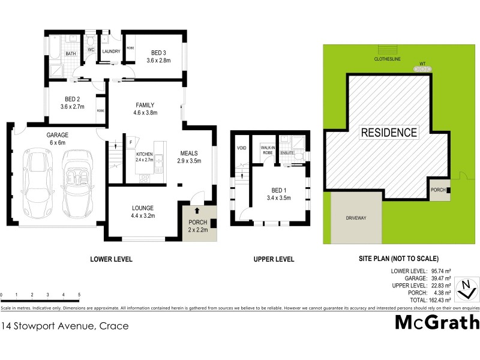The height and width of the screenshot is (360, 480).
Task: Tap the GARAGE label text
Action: click(58, 135)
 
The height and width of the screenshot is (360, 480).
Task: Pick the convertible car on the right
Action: click(77, 184)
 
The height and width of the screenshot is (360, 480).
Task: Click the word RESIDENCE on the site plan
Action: click(388, 133)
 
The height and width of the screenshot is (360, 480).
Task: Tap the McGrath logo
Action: click(437, 322)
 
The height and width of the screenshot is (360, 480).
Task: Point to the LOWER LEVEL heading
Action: click(111, 259)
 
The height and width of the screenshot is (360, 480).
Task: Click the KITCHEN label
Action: click(145, 155)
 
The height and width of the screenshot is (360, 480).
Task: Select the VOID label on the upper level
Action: click(241, 147)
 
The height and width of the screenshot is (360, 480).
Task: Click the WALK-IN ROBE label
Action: click(268, 149)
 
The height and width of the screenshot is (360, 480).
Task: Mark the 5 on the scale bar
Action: click(79, 295)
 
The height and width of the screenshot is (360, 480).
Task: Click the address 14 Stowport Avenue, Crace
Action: click(64, 326)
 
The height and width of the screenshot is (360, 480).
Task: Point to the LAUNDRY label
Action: click(112, 52)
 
